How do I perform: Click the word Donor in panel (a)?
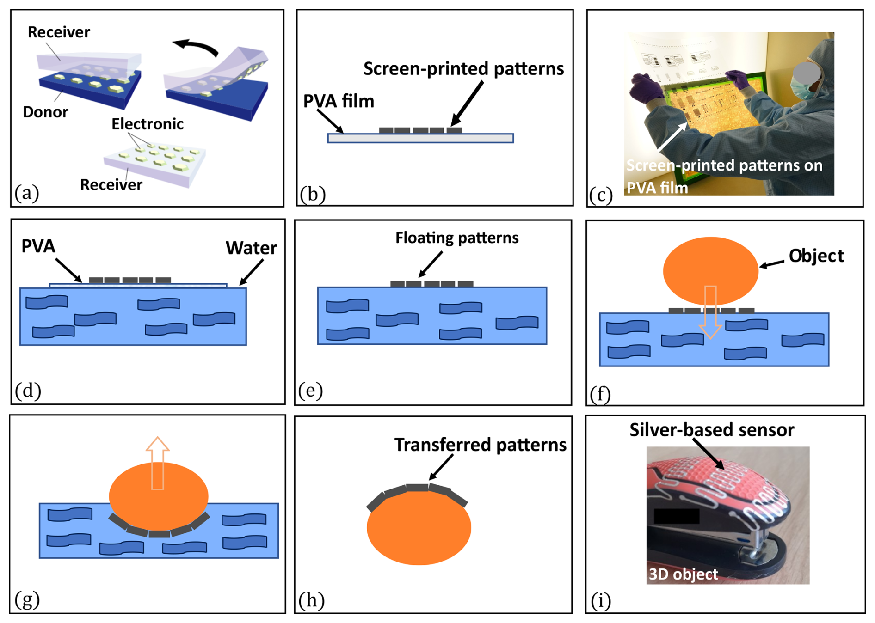point(45,112)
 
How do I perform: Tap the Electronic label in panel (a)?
point(148,124)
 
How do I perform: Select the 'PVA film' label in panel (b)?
point(339,101)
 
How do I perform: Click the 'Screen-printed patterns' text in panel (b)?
point(463,69)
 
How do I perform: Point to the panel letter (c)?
point(601,195)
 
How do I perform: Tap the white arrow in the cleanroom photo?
point(672,137)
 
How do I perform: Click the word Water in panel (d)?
point(251,248)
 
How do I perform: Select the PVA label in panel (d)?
point(38,246)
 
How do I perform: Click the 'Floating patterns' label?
point(456,238)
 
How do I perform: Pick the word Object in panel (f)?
point(816,256)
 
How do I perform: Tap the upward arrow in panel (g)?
point(157,462)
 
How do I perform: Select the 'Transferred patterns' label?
point(480,445)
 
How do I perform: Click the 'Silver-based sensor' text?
point(711,430)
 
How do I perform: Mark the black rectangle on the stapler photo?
point(676,516)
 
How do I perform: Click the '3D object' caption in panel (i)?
point(683,574)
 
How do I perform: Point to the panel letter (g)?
point(27,599)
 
